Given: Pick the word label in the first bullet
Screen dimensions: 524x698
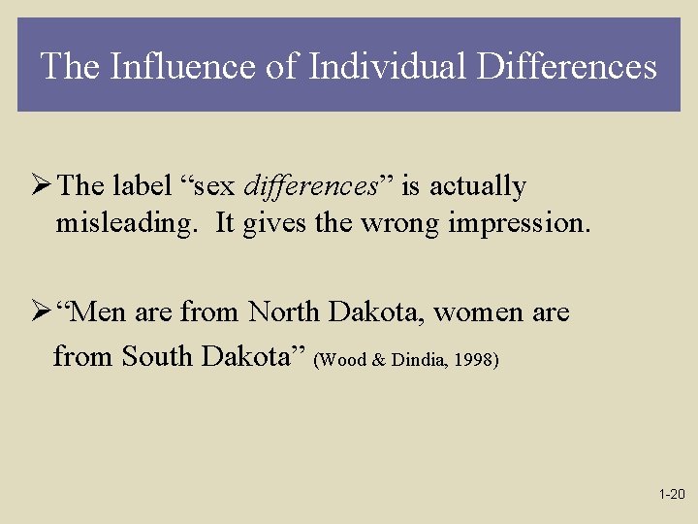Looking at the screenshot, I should [x=144, y=185].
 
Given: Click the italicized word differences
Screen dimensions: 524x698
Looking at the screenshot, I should [x=309, y=185].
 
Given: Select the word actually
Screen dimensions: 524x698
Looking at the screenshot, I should [x=476, y=186].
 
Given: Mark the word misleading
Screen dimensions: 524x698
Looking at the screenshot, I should [x=130, y=223].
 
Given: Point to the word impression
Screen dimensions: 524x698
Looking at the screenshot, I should [x=519, y=224].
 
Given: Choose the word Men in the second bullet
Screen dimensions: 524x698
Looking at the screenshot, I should [x=99, y=312].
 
